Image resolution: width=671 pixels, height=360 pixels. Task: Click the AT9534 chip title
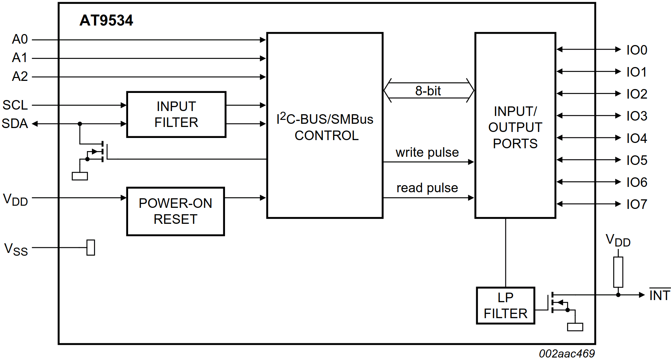coord(106,21)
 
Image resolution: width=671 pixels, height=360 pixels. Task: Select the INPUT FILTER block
coord(176,114)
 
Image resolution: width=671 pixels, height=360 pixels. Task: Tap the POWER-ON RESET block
coord(176,211)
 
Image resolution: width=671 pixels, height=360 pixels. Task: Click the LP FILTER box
coord(505,305)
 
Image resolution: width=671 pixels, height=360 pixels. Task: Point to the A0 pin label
coord(20,39)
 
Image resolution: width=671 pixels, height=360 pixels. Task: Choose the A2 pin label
coord(20,76)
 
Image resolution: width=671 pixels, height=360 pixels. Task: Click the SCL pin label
coord(15,105)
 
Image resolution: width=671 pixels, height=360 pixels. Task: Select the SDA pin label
coord(15,123)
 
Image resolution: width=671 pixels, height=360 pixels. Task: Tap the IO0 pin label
coord(637,50)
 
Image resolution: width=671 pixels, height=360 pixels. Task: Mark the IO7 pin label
coord(637,204)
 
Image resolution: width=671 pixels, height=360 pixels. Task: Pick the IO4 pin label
coord(637,138)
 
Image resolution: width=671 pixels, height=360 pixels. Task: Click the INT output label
coord(659,295)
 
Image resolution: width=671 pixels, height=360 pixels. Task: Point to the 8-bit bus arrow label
coord(428,91)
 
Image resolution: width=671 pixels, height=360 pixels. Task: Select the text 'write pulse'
coord(427,153)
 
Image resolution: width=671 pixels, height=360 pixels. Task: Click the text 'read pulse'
coord(427,188)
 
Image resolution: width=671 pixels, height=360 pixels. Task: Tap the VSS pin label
coord(16,249)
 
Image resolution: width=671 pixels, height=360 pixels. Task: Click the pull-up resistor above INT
coord(618,272)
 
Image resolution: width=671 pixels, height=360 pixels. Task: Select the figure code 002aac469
coord(567,354)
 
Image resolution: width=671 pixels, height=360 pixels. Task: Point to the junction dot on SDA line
coord(80,124)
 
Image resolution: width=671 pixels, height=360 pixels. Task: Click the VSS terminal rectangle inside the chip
coord(91,248)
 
